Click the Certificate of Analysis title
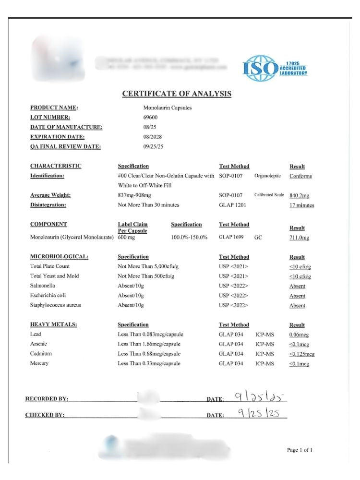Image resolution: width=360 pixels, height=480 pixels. pyautogui.click(x=177, y=94)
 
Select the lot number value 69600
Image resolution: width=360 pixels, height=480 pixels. pyautogui.click(x=150, y=118)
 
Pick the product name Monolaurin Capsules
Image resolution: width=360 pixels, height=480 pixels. pyautogui.click(x=168, y=108)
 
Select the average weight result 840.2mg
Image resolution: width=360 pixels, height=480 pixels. pyautogui.click(x=300, y=196)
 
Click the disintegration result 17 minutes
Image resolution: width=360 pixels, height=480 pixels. pyautogui.click(x=302, y=205)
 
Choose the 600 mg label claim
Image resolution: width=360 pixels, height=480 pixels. pyautogui.click(x=126, y=238)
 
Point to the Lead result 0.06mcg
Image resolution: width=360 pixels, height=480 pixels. pyautogui.click(x=299, y=335)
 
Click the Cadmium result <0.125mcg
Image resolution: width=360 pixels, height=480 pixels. pyautogui.click(x=301, y=354)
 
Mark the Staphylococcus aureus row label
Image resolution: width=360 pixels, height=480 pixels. pyautogui.click(x=56, y=305)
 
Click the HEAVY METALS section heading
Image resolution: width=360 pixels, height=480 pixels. pyautogui.click(x=53, y=325)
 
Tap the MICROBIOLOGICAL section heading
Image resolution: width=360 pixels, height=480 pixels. pyautogui.click(x=59, y=257)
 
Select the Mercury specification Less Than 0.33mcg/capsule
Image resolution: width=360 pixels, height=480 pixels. pyautogui.click(x=149, y=364)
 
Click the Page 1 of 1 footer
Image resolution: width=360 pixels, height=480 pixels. pyautogui.click(x=300, y=450)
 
